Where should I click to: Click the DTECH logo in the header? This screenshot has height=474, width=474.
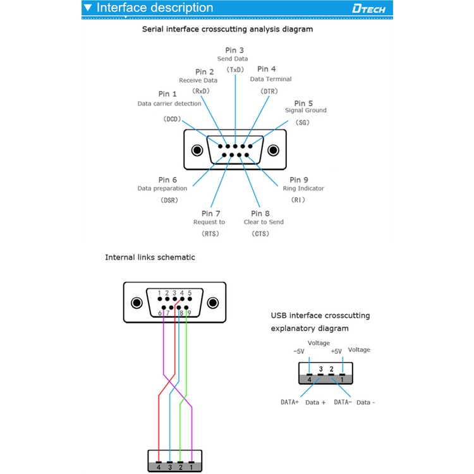click(371, 9)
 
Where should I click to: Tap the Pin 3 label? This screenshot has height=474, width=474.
click(234, 50)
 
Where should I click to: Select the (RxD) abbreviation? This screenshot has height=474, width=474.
click(202, 91)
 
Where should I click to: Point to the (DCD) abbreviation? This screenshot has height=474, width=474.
click(172, 119)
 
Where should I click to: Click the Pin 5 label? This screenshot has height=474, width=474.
click(303, 103)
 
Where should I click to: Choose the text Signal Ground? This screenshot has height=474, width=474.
click(306, 111)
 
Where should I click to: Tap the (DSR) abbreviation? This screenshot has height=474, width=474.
click(169, 200)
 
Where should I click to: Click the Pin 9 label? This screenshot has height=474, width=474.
click(299, 180)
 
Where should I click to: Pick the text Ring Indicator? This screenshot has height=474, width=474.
click(303, 188)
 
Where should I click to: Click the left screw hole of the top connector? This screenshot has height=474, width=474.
click(198, 150)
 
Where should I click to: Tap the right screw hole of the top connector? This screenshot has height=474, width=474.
click(273, 150)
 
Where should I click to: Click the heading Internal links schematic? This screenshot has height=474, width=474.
click(150, 257)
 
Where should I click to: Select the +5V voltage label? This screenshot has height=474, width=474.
click(336, 351)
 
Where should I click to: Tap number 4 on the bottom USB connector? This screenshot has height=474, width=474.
click(159, 467)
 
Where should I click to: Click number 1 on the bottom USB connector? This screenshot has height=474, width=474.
click(191, 467)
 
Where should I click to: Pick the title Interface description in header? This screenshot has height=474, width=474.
click(155, 8)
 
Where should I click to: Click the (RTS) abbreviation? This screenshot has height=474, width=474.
click(210, 234)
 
